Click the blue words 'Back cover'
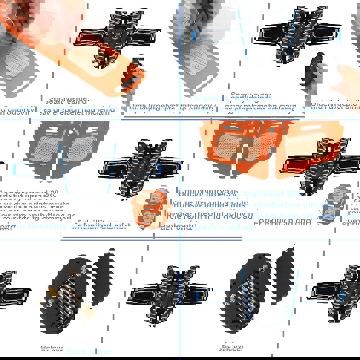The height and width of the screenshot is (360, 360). pyautogui.click(x=89, y=351)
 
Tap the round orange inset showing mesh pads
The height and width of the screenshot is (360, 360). pyautogui.click(x=150, y=208)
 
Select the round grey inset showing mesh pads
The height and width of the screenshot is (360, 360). pyautogui.click(x=337, y=204)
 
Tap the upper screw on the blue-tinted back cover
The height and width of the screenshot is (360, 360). pyautogui.click(x=265, y=267)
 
